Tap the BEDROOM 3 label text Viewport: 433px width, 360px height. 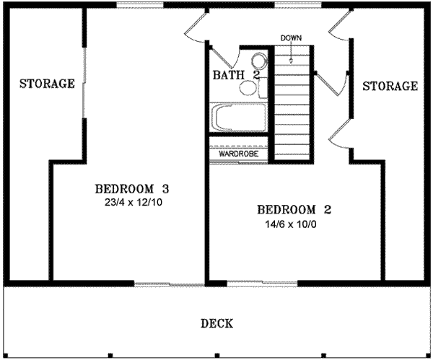pos(132,189)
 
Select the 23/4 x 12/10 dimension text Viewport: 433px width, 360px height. pos(132,203)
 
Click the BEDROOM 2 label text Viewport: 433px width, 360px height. pos(294,210)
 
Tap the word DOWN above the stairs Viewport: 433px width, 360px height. pos(291,38)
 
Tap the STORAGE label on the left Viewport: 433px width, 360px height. pos(47,84)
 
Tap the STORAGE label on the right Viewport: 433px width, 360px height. pos(390,87)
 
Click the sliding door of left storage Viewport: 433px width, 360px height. pos(84,87)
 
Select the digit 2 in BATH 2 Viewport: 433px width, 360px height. pos(255,75)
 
